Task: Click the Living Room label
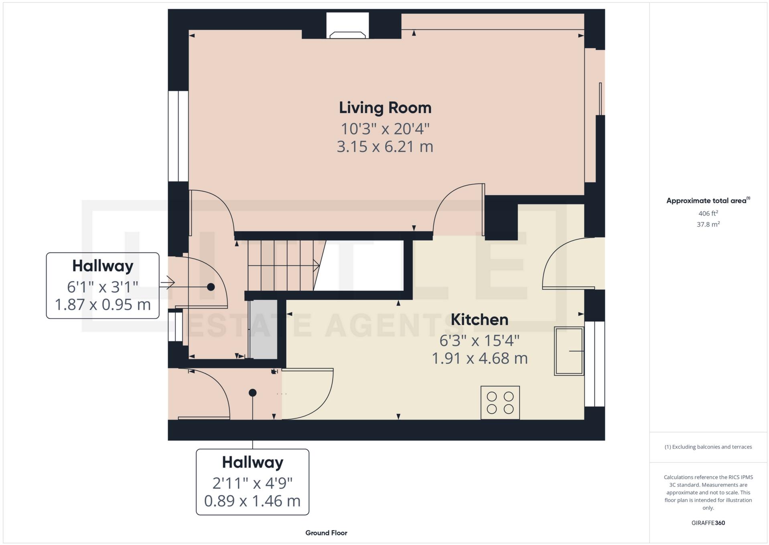[385, 108]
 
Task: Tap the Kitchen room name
[479, 320]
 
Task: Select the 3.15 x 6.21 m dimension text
[385, 147]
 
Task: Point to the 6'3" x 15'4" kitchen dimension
[479, 341]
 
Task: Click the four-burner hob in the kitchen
[500, 402]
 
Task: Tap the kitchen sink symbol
[568, 351]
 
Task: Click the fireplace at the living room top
[347, 26]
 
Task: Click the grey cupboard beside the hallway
[263, 329]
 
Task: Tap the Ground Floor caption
[326, 533]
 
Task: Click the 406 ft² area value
[708, 214]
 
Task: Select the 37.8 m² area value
[708, 225]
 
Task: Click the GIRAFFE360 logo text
[708, 523]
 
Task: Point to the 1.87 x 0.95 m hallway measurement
[103, 305]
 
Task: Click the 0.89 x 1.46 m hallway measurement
[252, 501]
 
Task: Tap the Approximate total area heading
[708, 200]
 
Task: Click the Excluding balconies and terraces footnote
[708, 447]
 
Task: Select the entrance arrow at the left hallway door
[167, 283]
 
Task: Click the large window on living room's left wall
[178, 136]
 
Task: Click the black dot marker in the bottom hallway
[252, 393]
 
